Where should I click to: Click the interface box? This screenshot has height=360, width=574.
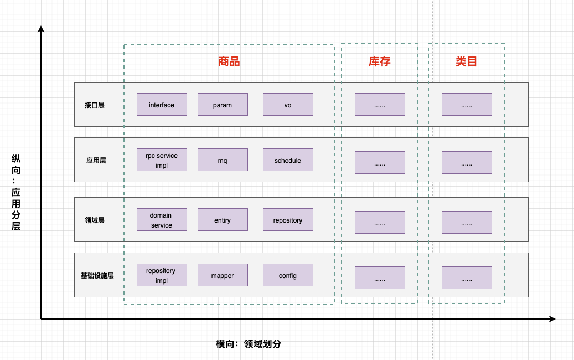162,104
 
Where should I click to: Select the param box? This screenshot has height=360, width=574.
223,104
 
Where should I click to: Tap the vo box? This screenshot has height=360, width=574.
288,104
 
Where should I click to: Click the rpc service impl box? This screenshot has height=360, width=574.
162,160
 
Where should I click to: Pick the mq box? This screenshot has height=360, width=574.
223,160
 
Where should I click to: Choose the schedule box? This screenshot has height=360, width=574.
288,160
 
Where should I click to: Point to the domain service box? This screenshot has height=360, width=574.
162,220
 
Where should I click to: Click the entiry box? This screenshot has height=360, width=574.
223,220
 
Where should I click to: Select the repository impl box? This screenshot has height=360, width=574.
162,275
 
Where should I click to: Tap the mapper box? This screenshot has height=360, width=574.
223,275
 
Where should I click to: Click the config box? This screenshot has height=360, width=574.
288,275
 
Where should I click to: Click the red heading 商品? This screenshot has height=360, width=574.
229,61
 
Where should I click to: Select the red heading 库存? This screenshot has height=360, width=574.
379,61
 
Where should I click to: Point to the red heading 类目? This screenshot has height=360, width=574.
467,61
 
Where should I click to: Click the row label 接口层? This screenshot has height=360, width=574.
95,105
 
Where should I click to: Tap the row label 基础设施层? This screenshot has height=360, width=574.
97,275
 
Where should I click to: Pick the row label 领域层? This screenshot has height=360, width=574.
95,220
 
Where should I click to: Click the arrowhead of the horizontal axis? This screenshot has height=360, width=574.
553,319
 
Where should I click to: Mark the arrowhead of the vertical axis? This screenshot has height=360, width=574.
41,29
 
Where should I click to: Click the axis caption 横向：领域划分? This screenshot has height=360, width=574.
248,344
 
